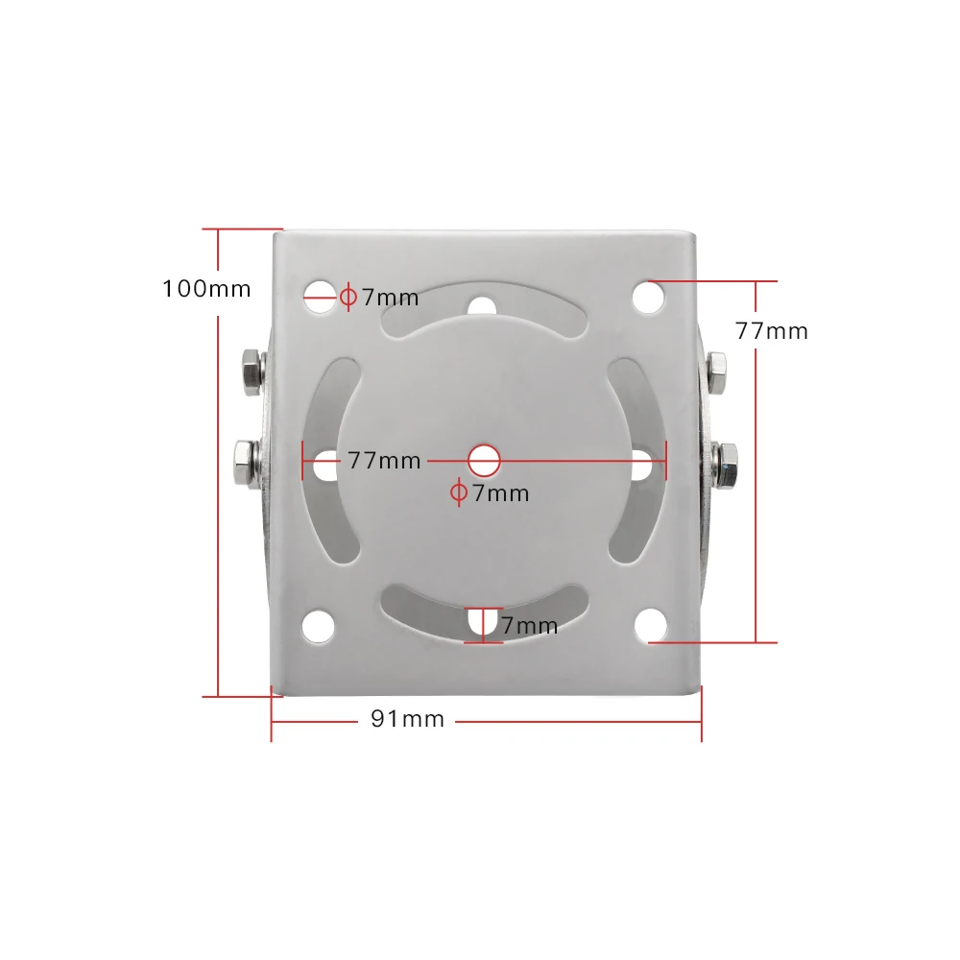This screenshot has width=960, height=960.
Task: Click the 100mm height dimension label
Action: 206,288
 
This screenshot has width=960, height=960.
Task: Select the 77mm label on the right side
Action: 772,331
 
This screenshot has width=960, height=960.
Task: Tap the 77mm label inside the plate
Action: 384,461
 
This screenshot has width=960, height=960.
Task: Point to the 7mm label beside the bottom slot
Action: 529,626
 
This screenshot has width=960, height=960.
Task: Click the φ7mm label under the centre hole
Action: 491,493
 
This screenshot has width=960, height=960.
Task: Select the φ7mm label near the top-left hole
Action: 380,298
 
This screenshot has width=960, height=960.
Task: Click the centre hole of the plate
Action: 486,460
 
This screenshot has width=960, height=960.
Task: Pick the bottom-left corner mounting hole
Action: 318,626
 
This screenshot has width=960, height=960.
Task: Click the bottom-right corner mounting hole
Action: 650,626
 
